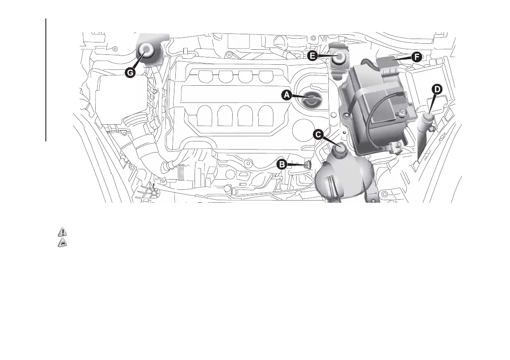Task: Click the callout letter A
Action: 287,95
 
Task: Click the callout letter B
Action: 282,164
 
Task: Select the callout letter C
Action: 318,135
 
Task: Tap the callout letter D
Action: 436,90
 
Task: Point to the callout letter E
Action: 312,56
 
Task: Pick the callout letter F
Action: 416,56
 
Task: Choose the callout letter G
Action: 130,72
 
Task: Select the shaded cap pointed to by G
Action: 147,51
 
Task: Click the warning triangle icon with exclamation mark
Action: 63,233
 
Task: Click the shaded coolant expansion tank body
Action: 343,176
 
